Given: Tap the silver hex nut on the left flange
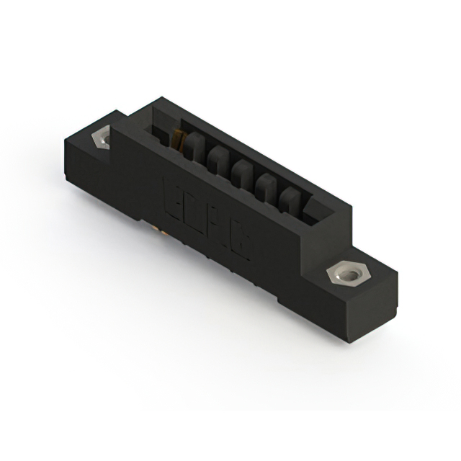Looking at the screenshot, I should pos(100,137).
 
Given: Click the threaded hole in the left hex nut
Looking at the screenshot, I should pos(101,137).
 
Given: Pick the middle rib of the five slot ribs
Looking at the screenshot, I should pos(243,173).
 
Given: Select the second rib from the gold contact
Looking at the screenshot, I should pos(218,158).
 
